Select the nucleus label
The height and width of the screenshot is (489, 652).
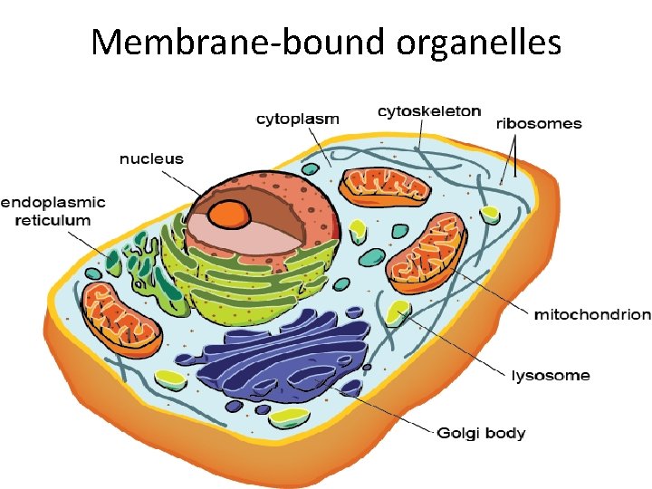click(x=151, y=158)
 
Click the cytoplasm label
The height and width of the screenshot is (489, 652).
click(x=298, y=119)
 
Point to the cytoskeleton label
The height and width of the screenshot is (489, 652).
click(x=429, y=111)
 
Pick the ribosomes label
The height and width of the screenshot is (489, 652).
click(x=539, y=123)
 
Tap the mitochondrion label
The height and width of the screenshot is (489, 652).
click(x=592, y=314)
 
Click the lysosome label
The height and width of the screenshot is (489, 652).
click(x=551, y=375)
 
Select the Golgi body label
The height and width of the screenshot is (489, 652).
click(x=481, y=432)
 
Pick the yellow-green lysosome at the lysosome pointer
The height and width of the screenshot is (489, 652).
click(x=397, y=312)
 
